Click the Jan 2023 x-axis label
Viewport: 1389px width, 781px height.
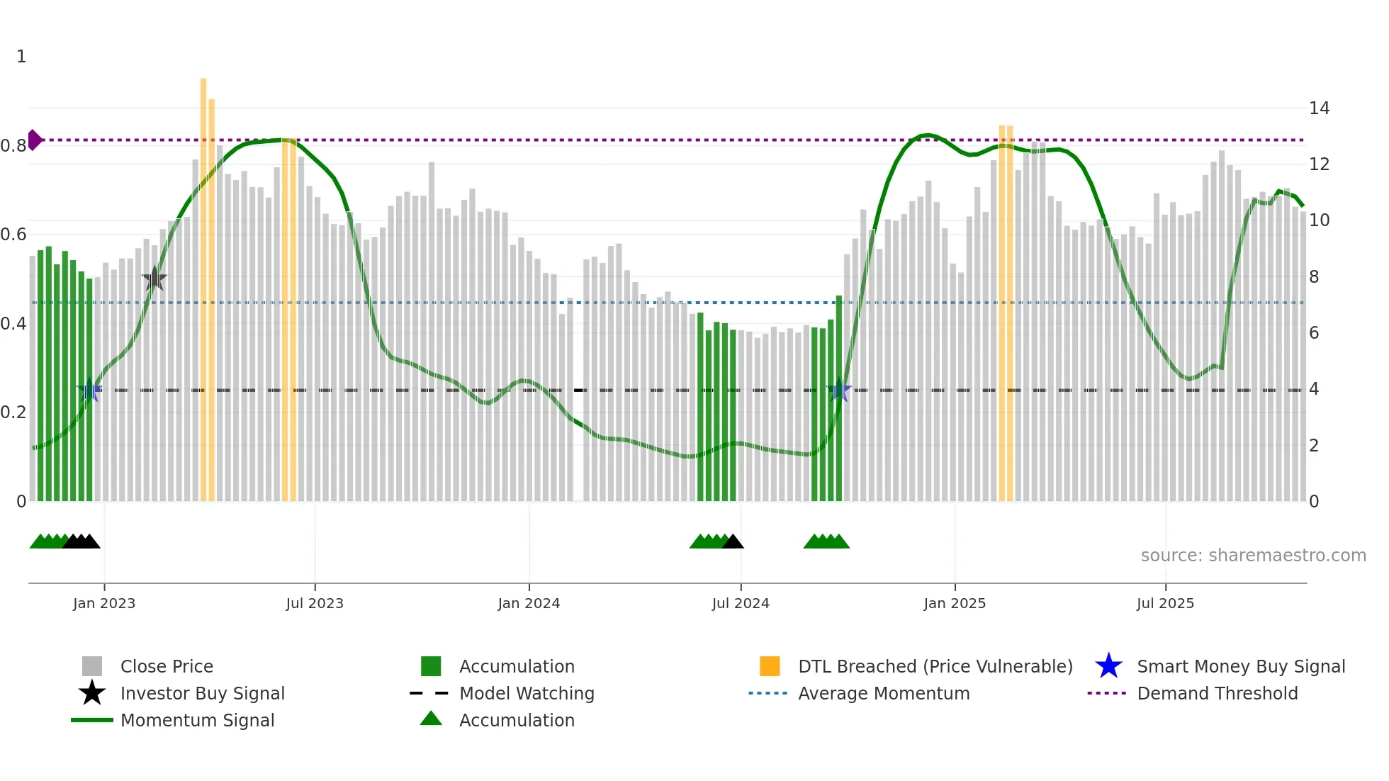click(x=104, y=603)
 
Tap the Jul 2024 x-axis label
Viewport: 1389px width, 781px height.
click(x=741, y=603)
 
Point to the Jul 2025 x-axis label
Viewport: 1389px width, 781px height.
click(x=1165, y=603)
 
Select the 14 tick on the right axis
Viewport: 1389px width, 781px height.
click(x=1319, y=108)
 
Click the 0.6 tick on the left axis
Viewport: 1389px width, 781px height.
click(x=13, y=235)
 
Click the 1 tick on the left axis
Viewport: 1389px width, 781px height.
click(x=21, y=57)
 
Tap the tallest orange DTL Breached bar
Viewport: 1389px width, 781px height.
click(x=203, y=283)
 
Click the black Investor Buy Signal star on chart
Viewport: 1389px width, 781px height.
click(x=154, y=279)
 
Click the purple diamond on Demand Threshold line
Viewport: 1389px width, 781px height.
click(x=34, y=140)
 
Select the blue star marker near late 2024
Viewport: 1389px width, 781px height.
click(x=839, y=390)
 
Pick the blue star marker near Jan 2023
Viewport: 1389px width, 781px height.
click(x=89, y=390)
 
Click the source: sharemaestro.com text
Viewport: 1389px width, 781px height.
click(x=1253, y=556)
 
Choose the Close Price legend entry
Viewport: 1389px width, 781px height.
click(x=167, y=666)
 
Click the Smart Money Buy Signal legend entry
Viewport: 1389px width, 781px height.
click(x=1240, y=666)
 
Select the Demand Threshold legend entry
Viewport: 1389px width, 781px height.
click(x=1217, y=693)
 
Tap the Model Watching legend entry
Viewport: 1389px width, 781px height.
click(x=526, y=693)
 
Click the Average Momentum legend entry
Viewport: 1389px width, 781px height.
click(x=883, y=693)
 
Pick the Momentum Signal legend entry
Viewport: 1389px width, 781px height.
click(x=197, y=720)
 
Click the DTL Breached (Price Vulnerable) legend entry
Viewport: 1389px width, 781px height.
click(x=935, y=666)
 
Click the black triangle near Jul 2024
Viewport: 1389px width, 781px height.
click(x=733, y=542)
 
